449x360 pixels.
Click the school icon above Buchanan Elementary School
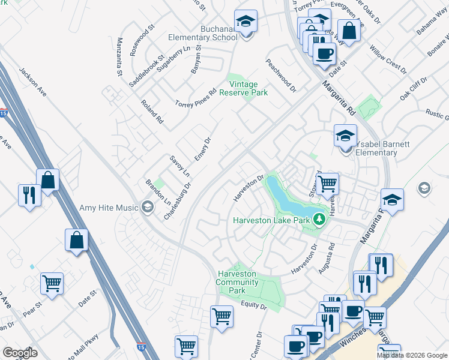coord(246,22)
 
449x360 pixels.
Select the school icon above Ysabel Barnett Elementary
coord(345,136)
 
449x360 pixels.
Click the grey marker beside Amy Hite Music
coord(146,208)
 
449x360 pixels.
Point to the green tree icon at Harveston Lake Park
coord(319,220)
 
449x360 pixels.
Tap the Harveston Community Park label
coord(237,283)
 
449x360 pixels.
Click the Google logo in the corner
coord(20,352)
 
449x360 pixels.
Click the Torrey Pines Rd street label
coord(195,97)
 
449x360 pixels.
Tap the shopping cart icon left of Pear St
coord(52,283)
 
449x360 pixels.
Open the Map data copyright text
coord(412,355)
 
